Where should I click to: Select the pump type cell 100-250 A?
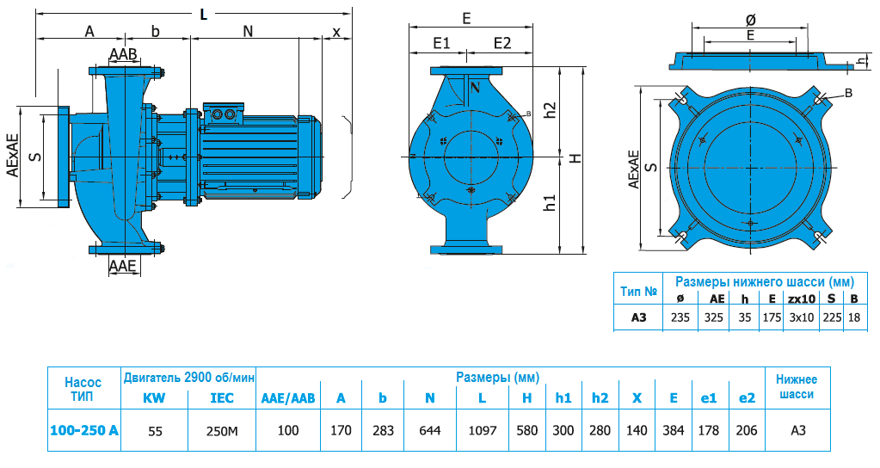[x=83, y=430]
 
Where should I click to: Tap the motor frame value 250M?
[x=223, y=430]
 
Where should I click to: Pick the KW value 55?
[x=155, y=430]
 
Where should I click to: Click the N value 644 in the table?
[x=429, y=430]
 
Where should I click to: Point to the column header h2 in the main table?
[x=600, y=398]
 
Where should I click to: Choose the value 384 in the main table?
[x=673, y=430]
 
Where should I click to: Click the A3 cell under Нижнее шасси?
[x=796, y=430]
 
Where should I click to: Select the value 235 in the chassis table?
[x=680, y=317]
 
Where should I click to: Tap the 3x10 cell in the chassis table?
[x=801, y=317]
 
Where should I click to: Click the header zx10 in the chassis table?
[x=801, y=299]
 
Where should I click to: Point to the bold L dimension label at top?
[x=203, y=14]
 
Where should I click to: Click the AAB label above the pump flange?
[x=123, y=55]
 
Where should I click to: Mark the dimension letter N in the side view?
[x=248, y=32]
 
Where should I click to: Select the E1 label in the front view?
[x=442, y=43]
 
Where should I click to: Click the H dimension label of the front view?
[x=575, y=158]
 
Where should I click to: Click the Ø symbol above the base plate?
[x=751, y=18]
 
